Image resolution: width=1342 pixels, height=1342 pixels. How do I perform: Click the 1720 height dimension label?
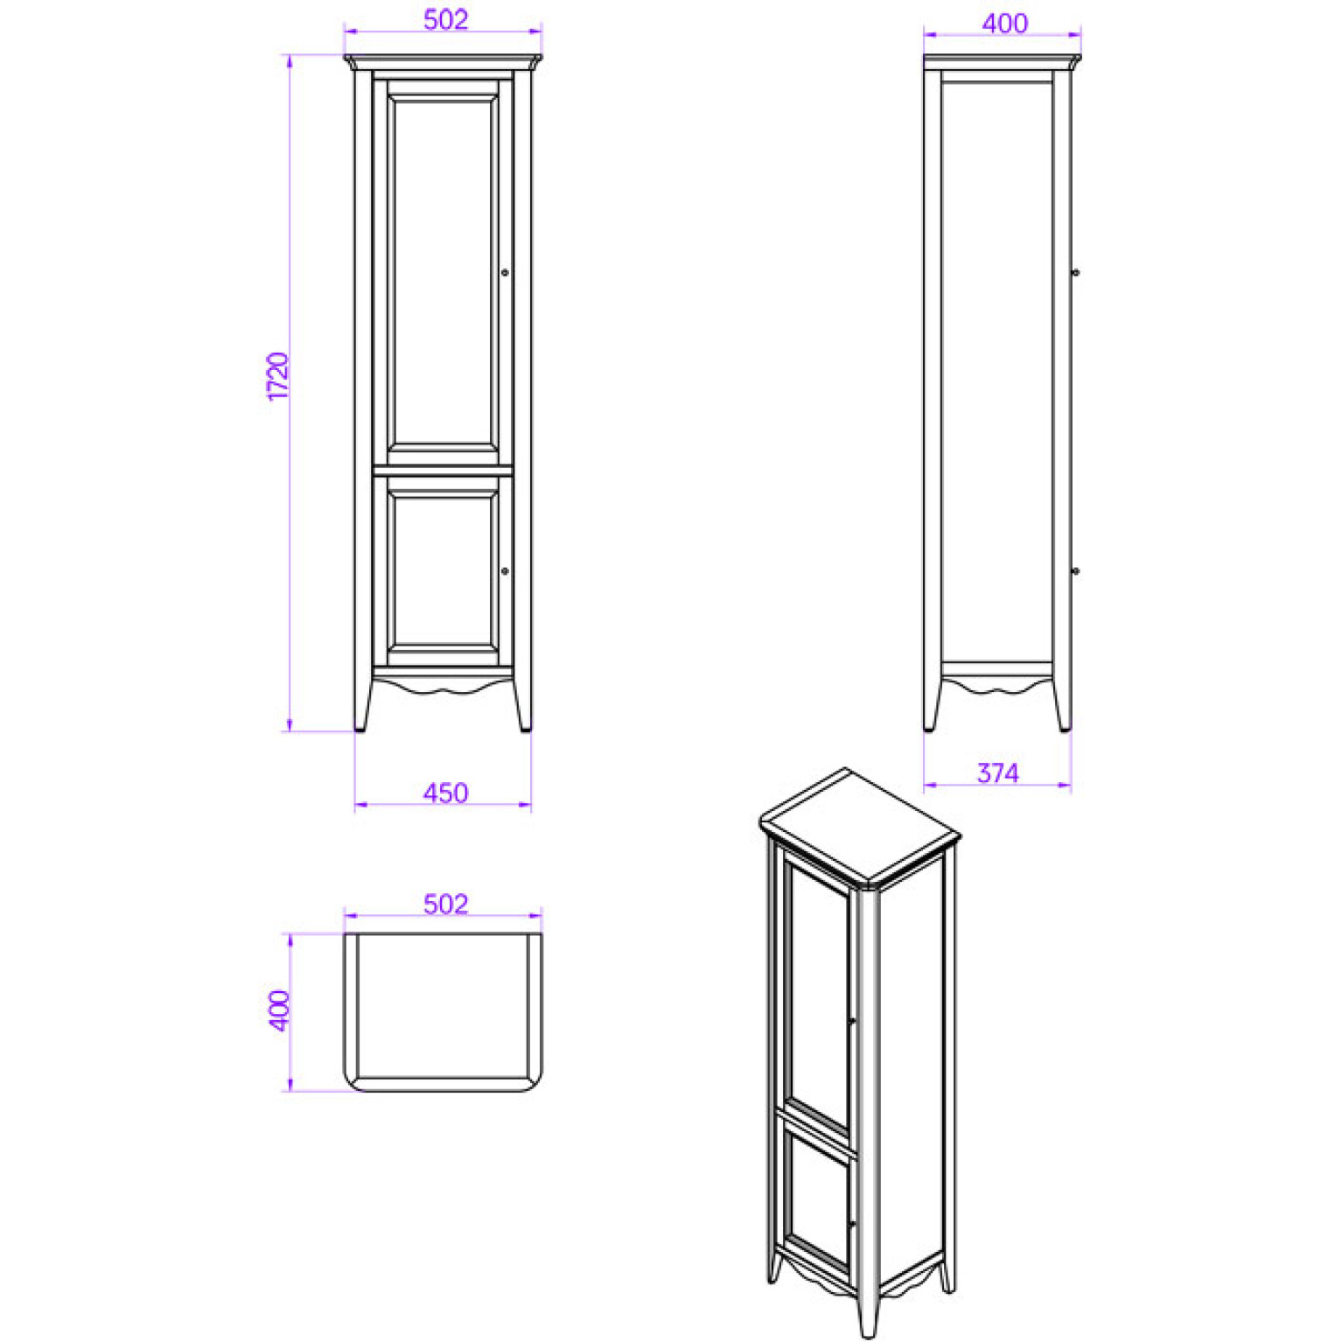tap(277, 376)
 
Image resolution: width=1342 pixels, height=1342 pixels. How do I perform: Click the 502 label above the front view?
tap(445, 19)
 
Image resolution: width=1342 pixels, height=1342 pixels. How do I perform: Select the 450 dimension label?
tap(445, 793)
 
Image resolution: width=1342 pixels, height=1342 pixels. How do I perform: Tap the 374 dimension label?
tap(997, 773)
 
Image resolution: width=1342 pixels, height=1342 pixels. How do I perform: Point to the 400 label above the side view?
tap(1004, 24)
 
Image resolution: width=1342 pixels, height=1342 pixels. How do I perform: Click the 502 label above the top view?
tap(445, 904)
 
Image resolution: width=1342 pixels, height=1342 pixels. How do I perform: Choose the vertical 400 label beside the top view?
tap(278, 1010)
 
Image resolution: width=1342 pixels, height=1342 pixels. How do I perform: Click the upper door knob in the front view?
tap(505, 273)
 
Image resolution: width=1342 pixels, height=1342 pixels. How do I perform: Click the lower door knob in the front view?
tap(505, 571)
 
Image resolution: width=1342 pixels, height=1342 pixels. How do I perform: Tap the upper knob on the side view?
tap(1075, 273)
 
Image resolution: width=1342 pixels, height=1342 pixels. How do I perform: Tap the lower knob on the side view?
tap(1075, 571)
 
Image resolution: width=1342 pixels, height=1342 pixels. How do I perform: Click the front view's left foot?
tap(361, 705)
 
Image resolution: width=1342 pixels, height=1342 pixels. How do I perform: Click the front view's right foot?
tap(523, 705)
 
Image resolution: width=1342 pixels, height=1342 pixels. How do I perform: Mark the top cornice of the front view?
tap(443, 63)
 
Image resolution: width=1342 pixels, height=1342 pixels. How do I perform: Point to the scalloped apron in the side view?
tap(997, 682)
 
